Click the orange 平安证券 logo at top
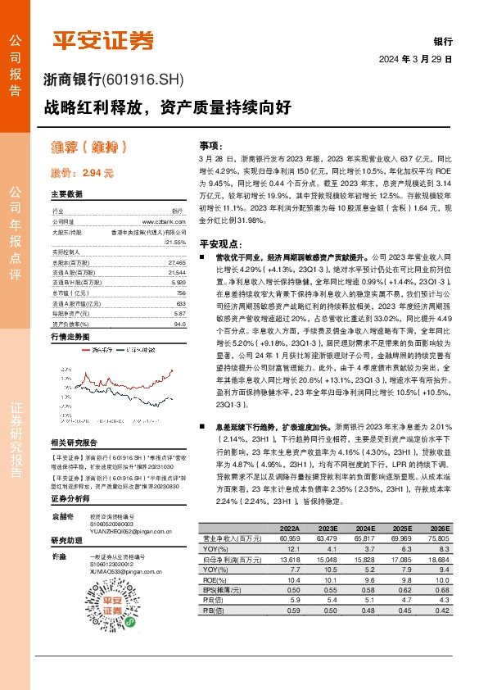tap(103, 40)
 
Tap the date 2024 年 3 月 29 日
tap(417, 60)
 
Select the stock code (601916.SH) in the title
tap(144, 80)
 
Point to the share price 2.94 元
tap(82, 173)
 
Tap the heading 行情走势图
tap(70, 337)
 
